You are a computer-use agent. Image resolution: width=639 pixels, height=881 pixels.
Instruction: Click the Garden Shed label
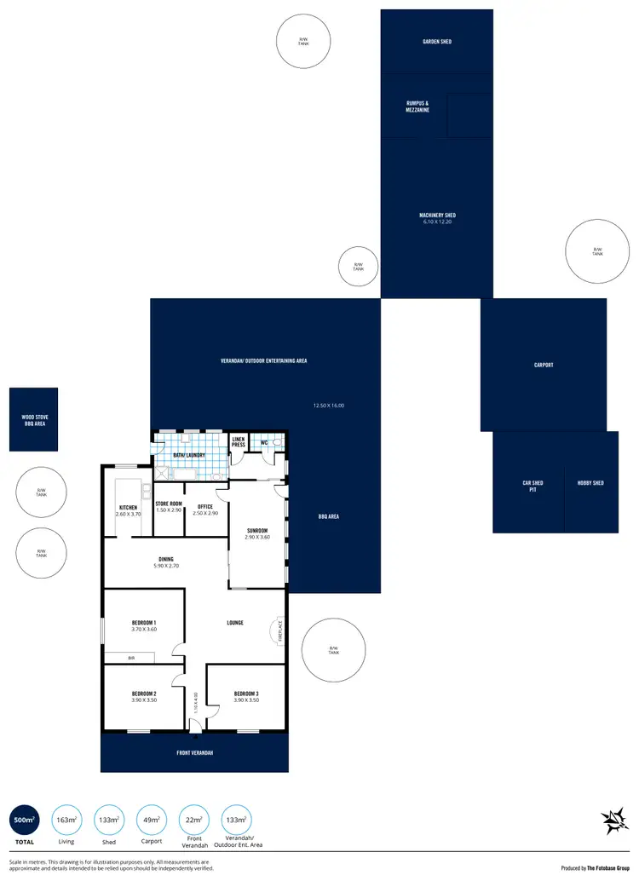tap(436, 41)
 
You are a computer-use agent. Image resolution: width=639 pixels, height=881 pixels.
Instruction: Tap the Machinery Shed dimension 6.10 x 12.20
tap(436, 222)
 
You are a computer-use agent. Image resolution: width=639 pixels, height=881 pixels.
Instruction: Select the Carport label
tap(544, 365)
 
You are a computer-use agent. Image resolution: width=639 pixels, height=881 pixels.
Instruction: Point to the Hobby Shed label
tap(590, 483)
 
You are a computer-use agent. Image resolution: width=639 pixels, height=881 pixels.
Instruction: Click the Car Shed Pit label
tap(532, 487)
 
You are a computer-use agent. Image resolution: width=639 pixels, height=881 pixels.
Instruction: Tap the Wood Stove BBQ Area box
tap(34, 420)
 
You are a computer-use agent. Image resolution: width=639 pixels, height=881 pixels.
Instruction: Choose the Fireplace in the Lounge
tap(279, 631)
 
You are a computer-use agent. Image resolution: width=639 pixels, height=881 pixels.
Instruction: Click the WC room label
tap(264, 442)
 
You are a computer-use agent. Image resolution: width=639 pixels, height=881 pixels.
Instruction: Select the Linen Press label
tap(239, 442)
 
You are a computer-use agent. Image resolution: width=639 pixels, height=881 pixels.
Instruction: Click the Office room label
tap(205, 506)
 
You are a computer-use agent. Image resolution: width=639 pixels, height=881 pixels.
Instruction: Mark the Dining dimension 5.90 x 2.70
tap(166, 566)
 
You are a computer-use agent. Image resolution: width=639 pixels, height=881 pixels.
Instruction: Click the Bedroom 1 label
tap(143, 623)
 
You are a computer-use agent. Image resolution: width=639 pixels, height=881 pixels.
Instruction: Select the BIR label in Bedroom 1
tap(131, 658)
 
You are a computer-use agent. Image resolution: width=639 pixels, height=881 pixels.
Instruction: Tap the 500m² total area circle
tap(25, 821)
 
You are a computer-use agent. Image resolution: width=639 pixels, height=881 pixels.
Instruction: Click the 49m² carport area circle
tap(152, 821)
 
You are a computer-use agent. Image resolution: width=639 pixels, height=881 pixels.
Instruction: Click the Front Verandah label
tap(195, 753)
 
